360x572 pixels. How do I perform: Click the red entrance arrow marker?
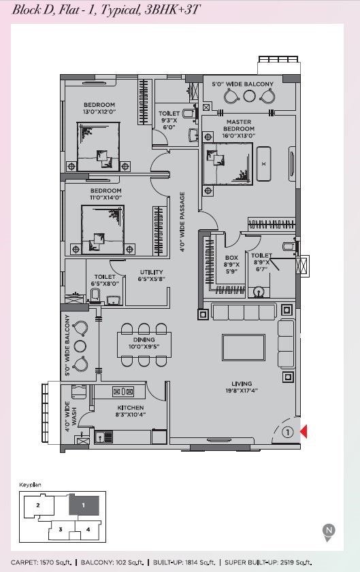click(304, 432)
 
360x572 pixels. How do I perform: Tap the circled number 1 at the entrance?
click(288, 433)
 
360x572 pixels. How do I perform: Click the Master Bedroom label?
click(239, 129)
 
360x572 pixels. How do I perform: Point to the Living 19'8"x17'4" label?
click(242, 387)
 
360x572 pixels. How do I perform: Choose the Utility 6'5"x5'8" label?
click(152, 275)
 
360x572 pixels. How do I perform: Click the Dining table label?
click(144, 343)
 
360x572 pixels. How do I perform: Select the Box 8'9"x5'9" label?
click(231, 265)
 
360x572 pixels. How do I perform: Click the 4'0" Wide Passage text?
click(182, 222)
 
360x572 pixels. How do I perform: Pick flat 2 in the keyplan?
click(38, 505)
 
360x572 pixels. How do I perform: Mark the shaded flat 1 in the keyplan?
click(84, 505)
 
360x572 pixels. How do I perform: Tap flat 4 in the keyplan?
click(88, 529)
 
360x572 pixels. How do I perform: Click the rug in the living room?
click(244, 348)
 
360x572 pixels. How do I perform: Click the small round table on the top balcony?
click(249, 96)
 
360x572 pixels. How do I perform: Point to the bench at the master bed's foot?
click(263, 164)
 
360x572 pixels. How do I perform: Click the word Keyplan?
click(31, 485)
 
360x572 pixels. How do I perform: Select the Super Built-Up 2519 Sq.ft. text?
click(268, 562)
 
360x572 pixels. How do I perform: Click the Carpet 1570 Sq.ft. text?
click(41, 562)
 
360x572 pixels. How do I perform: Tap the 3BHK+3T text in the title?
click(172, 9)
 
